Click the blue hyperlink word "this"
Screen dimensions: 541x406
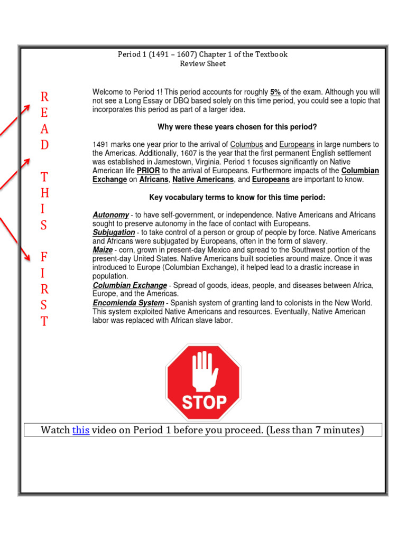pyautogui.click(x=80, y=430)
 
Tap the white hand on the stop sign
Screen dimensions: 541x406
pyautogui.click(x=204, y=370)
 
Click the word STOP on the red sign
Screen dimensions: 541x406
pyautogui.click(x=204, y=402)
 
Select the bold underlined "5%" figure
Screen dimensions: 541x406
pyautogui.click(x=275, y=92)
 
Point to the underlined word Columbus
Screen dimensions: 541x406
pyautogui.click(x=246, y=144)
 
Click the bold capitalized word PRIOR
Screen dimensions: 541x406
pyautogui.click(x=148, y=171)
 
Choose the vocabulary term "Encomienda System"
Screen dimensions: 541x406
pyautogui.click(x=128, y=303)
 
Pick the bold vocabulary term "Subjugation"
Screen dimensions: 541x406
pyautogui.click(x=114, y=232)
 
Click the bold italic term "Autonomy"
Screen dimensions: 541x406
pyautogui.click(x=110, y=215)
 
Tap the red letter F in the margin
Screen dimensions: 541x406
pyautogui.click(x=44, y=257)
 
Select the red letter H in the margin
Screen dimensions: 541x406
pyautogui.click(x=44, y=193)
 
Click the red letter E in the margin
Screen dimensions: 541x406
pyautogui.click(x=44, y=113)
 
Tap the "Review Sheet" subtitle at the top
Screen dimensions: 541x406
pyautogui.click(x=202, y=63)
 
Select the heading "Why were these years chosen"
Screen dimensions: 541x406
pyautogui.click(x=237, y=127)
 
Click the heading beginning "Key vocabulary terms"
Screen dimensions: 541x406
pyautogui.click(x=237, y=198)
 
